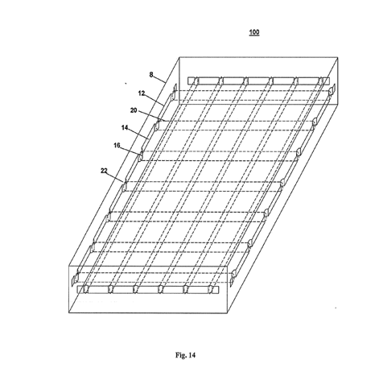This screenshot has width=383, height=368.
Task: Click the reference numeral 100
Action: (254, 32)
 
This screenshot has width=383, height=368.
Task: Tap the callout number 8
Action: (151, 75)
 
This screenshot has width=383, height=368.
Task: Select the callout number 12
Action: (142, 93)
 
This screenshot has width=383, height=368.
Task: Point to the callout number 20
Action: (134, 110)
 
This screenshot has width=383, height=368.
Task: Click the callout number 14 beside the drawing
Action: (125, 128)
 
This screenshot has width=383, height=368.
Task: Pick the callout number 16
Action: (117, 146)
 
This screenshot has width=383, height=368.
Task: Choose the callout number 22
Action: (104, 171)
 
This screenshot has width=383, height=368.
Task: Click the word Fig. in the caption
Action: (181, 355)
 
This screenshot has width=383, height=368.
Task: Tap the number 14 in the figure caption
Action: (191, 355)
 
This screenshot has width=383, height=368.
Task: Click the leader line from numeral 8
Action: (160, 79)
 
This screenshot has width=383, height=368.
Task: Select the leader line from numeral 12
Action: (154, 100)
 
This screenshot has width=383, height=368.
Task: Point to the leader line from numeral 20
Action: (151, 116)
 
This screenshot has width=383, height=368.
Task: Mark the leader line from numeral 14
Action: (138, 134)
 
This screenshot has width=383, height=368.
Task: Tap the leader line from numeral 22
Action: (116, 177)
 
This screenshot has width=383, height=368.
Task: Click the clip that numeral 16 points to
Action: (140, 157)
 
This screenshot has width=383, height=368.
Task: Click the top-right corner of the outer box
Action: (338, 57)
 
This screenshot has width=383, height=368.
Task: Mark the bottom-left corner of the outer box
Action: (69, 313)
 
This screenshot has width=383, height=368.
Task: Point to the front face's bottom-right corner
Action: (228, 313)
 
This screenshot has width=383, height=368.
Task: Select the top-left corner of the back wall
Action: (179, 57)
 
